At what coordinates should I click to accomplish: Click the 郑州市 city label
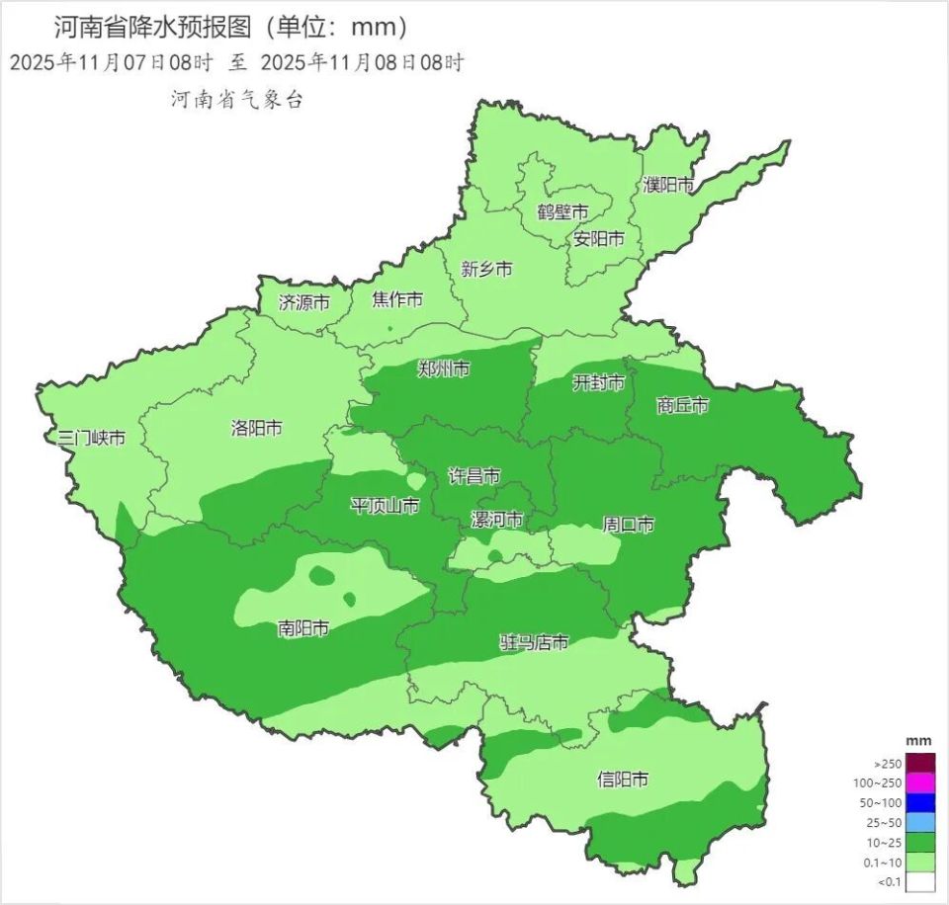coord(444,369)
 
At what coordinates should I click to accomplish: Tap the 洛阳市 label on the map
coord(256,428)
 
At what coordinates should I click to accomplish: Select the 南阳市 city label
coord(303,627)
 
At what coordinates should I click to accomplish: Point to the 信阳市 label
coord(624,780)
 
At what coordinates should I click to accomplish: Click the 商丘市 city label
coord(682,405)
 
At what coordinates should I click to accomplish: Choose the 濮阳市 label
coord(668,184)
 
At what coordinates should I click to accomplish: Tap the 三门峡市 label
coord(92,438)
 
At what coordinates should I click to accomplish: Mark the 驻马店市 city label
coord(534,643)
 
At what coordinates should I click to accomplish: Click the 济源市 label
coord(303,302)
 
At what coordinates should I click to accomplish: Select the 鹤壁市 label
coord(562,211)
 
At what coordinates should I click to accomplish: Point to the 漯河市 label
coord(496,520)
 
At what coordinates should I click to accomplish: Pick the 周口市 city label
coord(629,525)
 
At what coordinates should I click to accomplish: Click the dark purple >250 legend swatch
coord(921,763)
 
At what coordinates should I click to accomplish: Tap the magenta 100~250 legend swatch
coord(921,782)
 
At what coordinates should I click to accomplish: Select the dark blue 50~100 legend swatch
coord(921,802)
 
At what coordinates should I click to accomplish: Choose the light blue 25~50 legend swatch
coord(921,822)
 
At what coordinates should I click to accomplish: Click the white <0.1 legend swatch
coord(921,882)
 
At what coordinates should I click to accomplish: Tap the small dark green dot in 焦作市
coord(389,329)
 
